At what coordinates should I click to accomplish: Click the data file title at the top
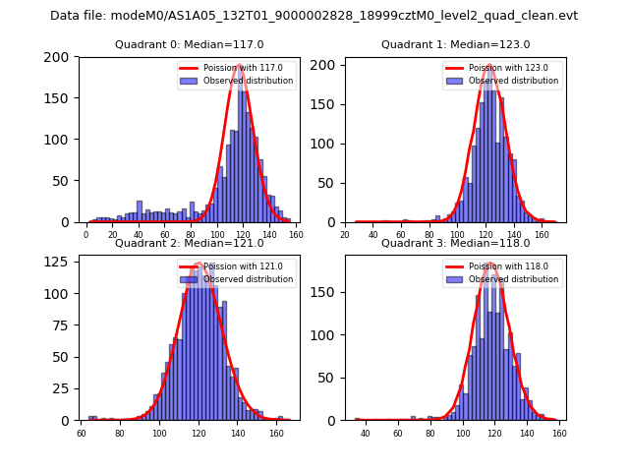click(x=314, y=16)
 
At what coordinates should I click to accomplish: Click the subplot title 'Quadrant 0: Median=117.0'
click(x=190, y=44)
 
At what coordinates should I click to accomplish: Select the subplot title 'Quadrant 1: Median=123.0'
click(x=455, y=44)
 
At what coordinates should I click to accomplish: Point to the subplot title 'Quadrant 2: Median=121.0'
click(x=190, y=243)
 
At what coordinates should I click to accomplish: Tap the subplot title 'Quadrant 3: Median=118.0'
click(x=455, y=243)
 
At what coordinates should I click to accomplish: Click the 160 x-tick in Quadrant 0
click(x=296, y=235)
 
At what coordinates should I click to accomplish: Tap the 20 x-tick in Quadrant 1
click(x=345, y=235)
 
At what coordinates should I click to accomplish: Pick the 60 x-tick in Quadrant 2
click(x=81, y=434)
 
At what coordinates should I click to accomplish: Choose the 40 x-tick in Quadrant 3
click(x=366, y=434)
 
